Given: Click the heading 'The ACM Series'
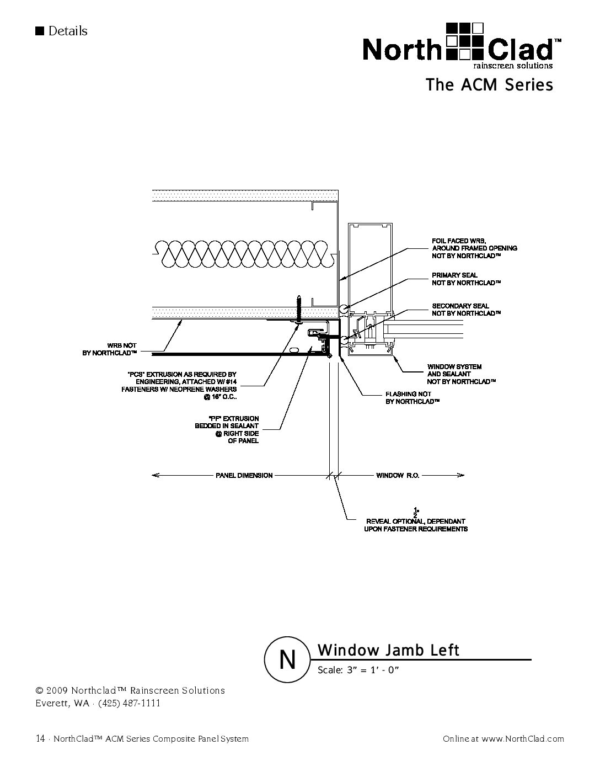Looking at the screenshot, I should tap(489, 85).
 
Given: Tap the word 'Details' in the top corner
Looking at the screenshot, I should tap(67, 31).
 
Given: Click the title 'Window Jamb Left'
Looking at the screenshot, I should tap(388, 650).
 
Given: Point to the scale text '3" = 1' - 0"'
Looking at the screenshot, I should tap(372, 670).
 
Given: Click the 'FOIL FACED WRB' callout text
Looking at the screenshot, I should tap(474, 248).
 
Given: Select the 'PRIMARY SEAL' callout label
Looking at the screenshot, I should tap(466, 279).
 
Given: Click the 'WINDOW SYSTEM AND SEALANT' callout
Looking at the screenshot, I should tap(462, 374).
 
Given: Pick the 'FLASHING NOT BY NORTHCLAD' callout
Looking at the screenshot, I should tap(412, 398).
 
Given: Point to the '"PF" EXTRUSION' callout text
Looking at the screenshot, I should tap(227, 430).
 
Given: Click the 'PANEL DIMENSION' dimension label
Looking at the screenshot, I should tap(244, 475).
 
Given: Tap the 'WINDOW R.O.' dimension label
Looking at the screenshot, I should tap(398, 475).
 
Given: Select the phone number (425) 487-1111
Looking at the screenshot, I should tap(129, 703).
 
